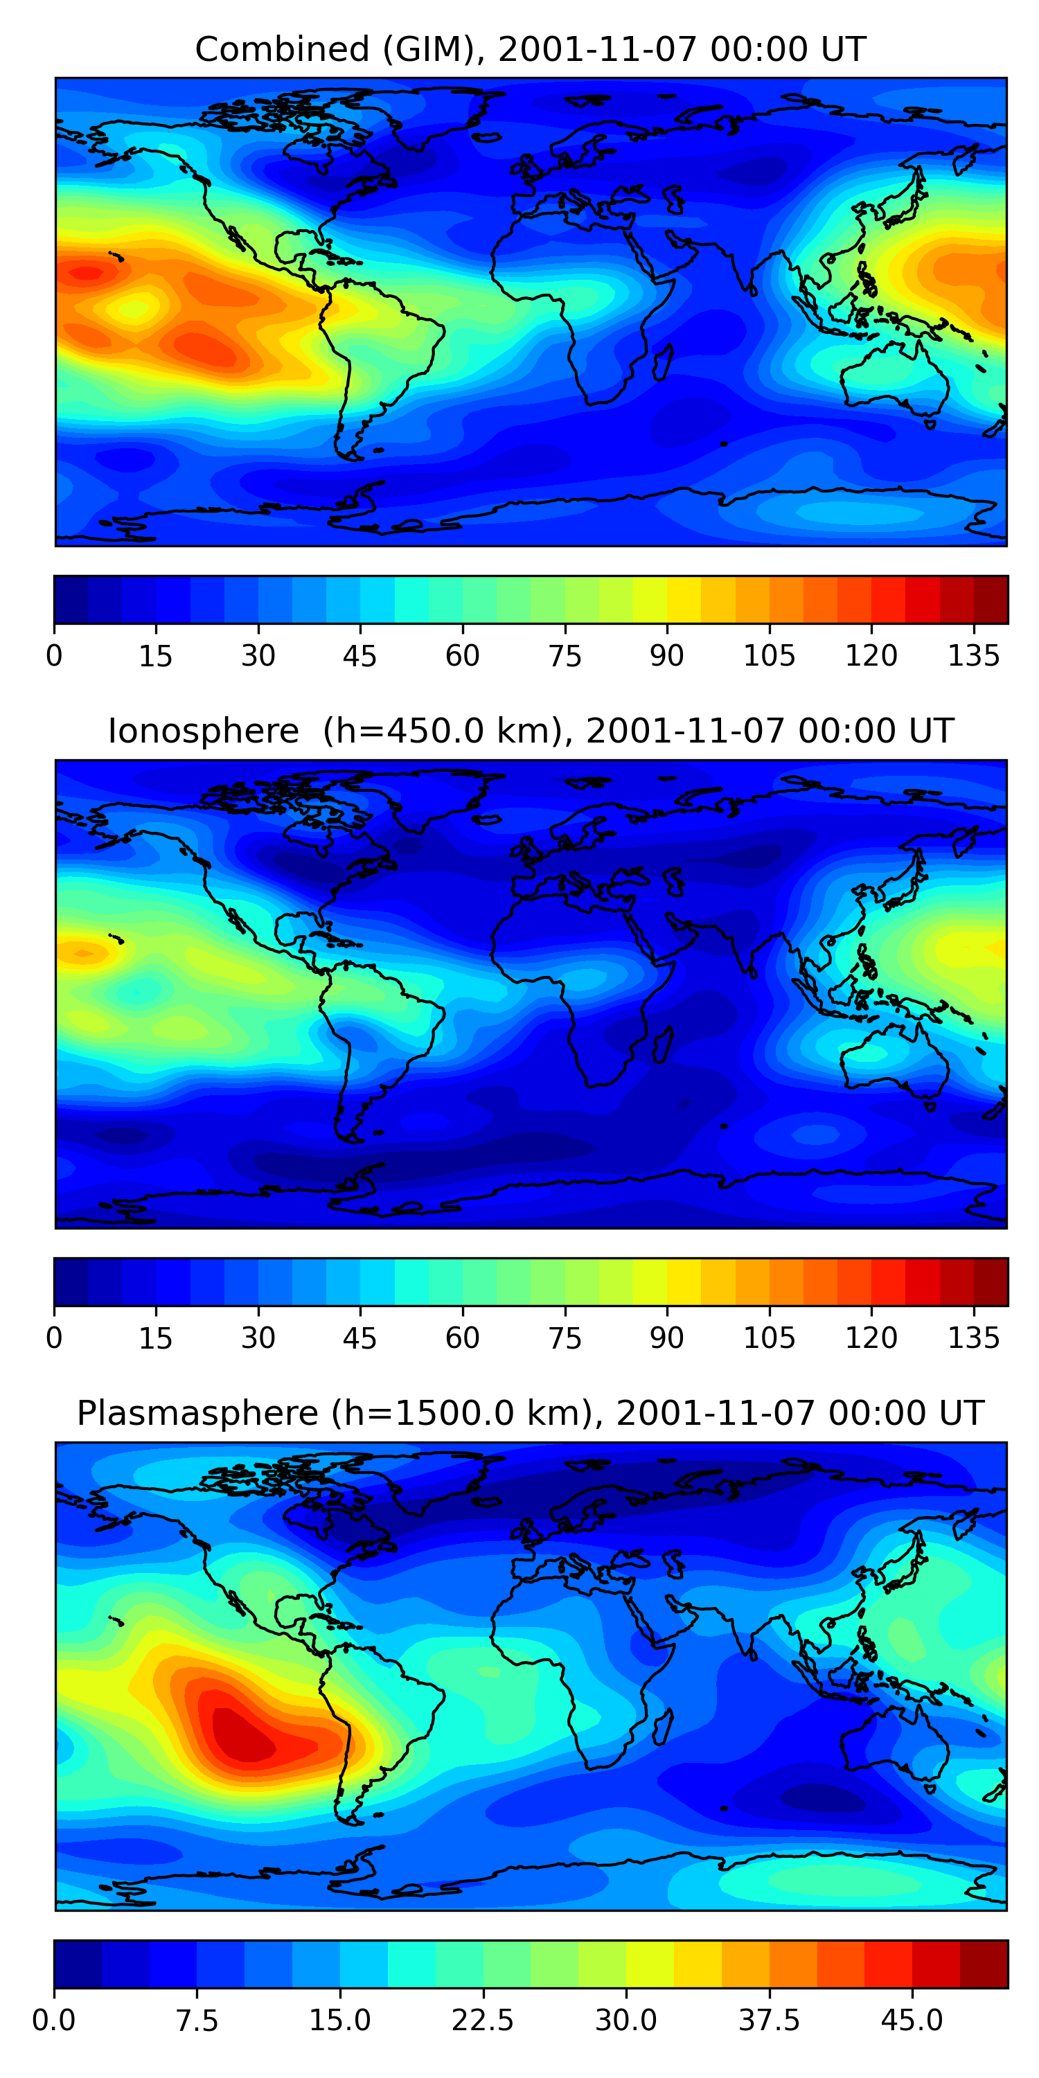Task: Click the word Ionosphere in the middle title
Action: (x=203, y=731)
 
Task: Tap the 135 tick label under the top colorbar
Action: (x=974, y=656)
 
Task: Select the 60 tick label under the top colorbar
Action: (x=462, y=656)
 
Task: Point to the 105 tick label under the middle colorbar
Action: (x=769, y=1338)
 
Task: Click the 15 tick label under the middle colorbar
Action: (x=156, y=1338)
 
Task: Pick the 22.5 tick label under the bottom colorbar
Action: (x=482, y=2021)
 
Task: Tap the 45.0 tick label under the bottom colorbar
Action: (x=912, y=2021)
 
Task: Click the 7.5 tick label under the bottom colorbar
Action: (x=197, y=2021)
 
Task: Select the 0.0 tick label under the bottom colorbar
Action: (x=54, y=2021)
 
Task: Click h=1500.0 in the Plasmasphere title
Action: (x=427, y=1413)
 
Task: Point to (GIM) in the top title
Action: (x=427, y=49)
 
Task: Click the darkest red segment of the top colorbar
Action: (x=991, y=599)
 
